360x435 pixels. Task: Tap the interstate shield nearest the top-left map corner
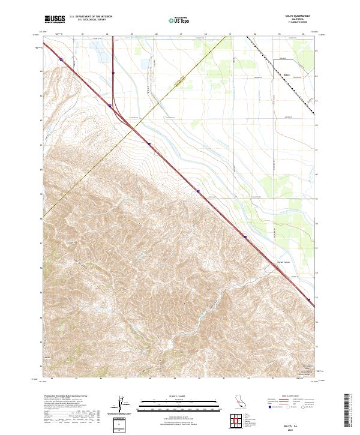(x=62, y=59)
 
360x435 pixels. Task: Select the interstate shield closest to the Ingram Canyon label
(x=245, y=237)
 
